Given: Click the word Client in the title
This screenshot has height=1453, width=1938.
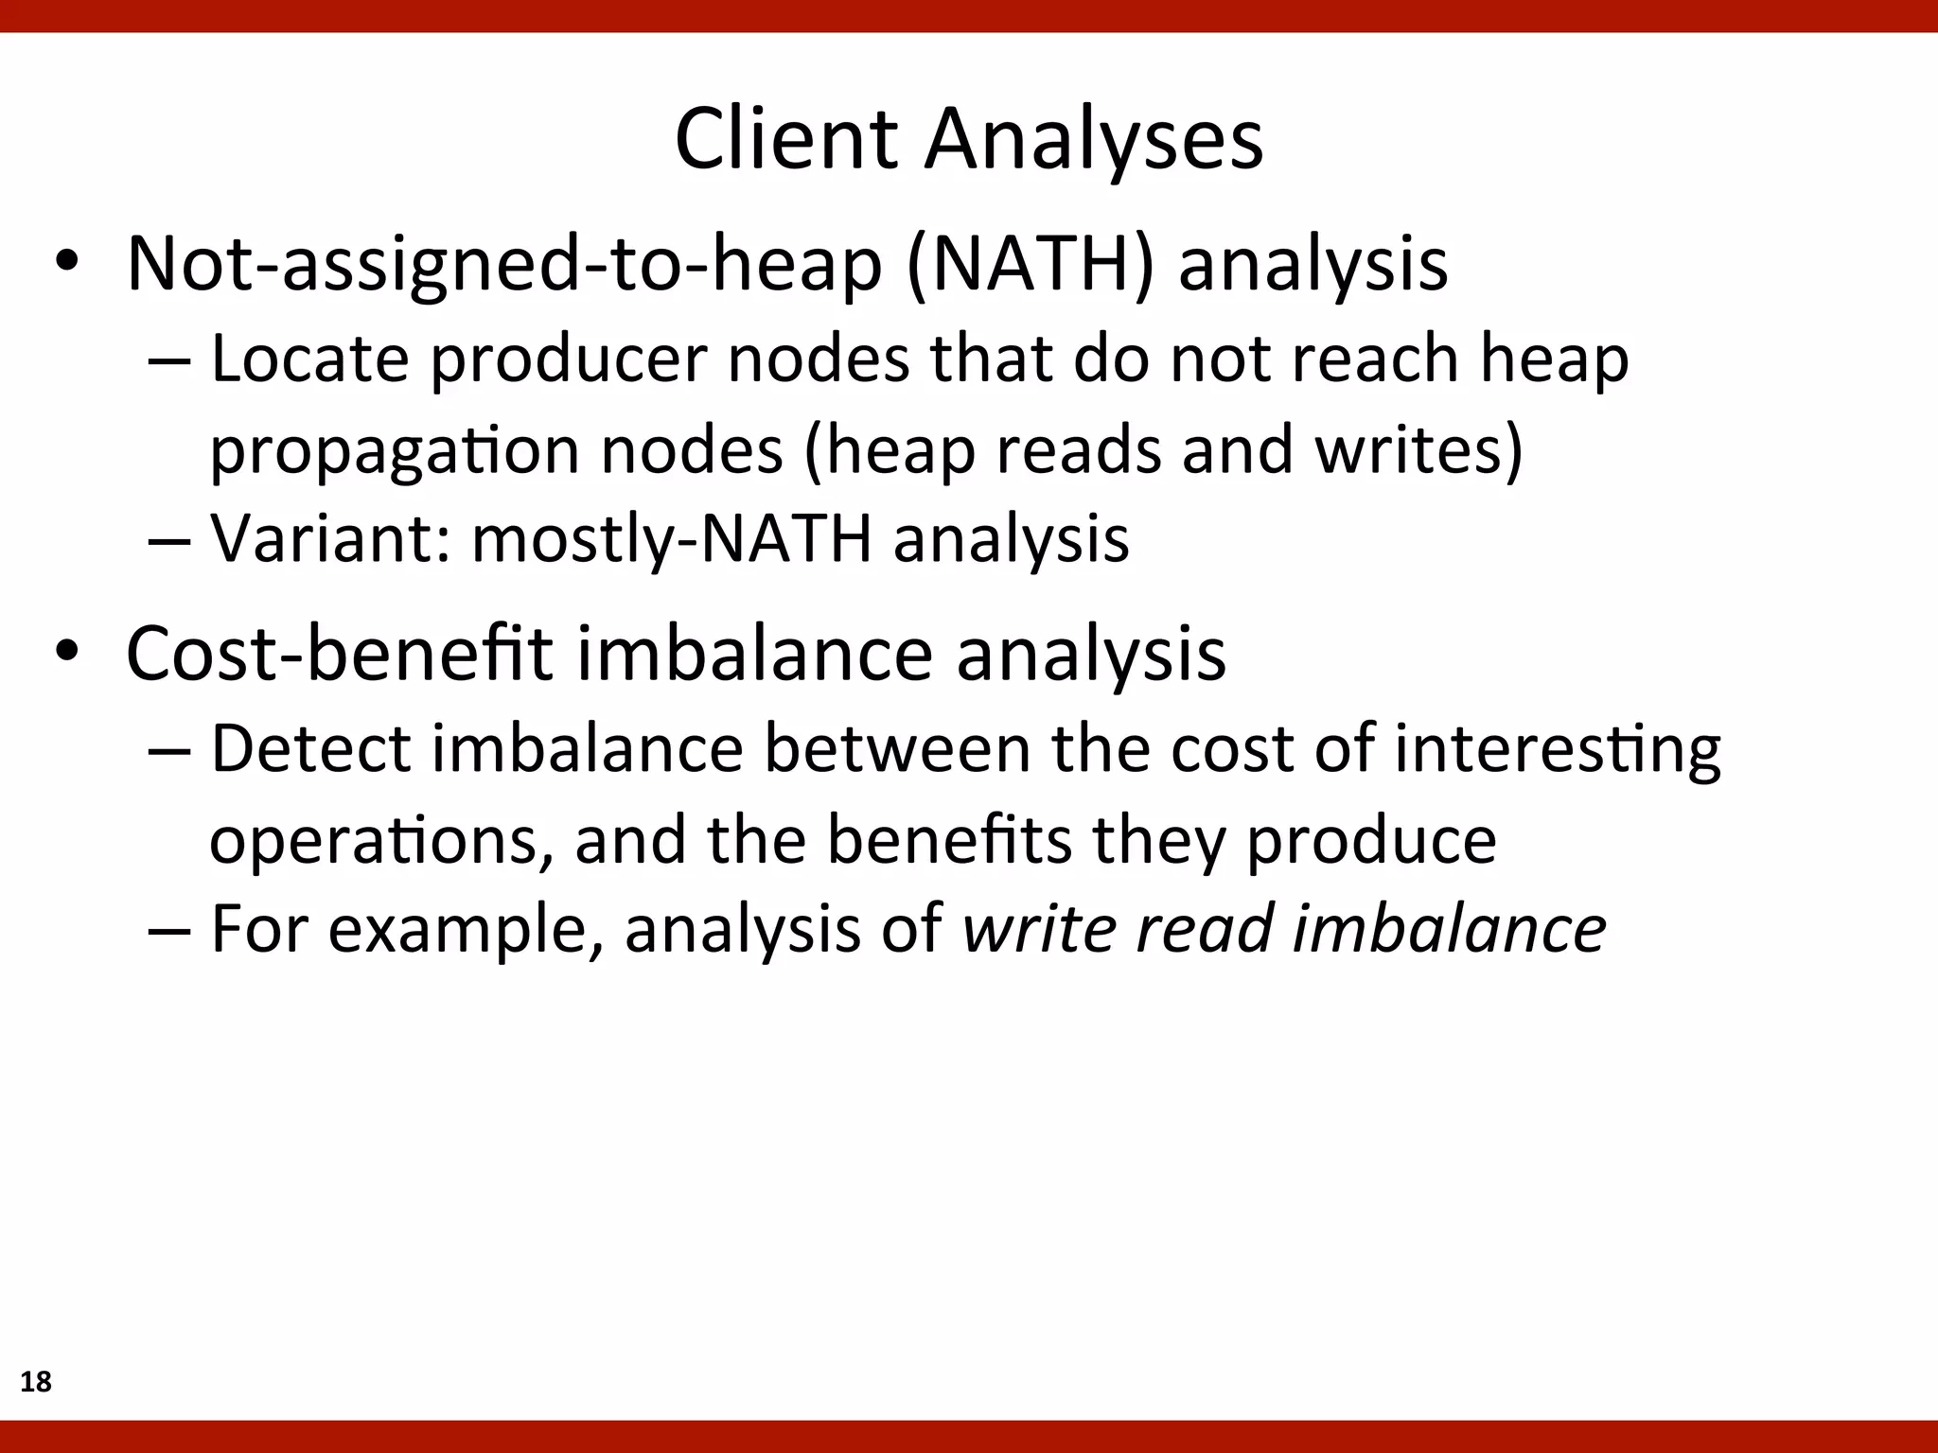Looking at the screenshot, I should pyautogui.click(x=784, y=139).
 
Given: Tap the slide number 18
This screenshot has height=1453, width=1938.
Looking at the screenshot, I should pyautogui.click(x=36, y=1382).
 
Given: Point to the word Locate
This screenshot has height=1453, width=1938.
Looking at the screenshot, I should pyautogui.click(x=309, y=359).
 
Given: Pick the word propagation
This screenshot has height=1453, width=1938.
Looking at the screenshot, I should pyautogui.click(x=394, y=450).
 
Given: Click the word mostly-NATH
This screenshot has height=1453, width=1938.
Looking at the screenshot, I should pyautogui.click(x=671, y=539).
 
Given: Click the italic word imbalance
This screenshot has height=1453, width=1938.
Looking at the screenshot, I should pyautogui.click(x=1449, y=928).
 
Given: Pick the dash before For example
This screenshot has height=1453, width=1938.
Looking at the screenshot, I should pyautogui.click(x=170, y=930).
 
